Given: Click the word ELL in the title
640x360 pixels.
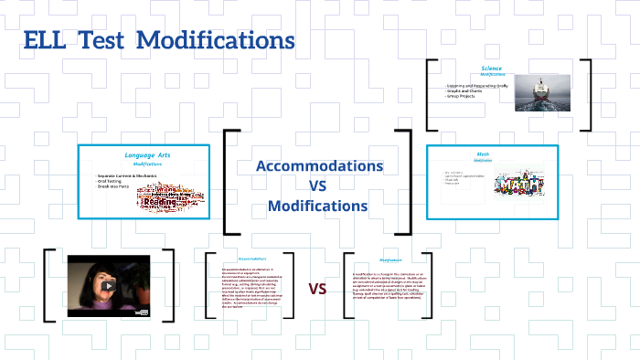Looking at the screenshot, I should [43, 41].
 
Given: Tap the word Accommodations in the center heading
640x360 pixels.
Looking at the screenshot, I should [318, 166].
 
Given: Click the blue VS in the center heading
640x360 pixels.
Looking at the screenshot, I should [317, 186].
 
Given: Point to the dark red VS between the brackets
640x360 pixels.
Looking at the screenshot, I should [317, 290].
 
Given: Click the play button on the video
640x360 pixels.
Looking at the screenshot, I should [108, 285].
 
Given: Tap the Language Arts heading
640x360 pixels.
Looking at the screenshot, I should [147, 155].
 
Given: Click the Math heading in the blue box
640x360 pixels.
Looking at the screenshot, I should [484, 154].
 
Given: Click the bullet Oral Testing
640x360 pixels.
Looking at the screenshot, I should [112, 181].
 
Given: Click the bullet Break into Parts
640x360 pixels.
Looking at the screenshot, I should [115, 186].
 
